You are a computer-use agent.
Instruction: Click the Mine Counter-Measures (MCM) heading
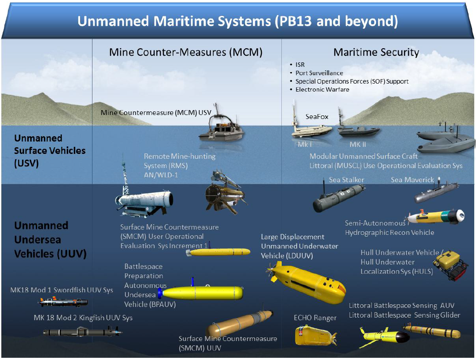click(x=186, y=52)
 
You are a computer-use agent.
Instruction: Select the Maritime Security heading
click(x=376, y=52)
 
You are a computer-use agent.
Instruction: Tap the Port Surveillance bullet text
click(x=319, y=73)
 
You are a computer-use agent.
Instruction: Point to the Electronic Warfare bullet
click(x=322, y=89)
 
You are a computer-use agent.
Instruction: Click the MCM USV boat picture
click(x=221, y=126)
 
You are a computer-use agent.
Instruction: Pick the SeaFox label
click(x=317, y=117)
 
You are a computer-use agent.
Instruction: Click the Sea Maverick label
click(x=412, y=180)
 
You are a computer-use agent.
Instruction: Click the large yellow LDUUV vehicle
click(x=307, y=282)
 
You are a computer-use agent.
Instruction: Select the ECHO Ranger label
click(x=315, y=318)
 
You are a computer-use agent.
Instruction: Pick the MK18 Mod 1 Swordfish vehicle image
click(x=63, y=302)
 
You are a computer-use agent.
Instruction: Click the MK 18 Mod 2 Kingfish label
click(x=83, y=318)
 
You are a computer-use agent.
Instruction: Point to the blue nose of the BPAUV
click(x=160, y=293)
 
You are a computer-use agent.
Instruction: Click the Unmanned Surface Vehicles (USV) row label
click(x=50, y=150)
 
